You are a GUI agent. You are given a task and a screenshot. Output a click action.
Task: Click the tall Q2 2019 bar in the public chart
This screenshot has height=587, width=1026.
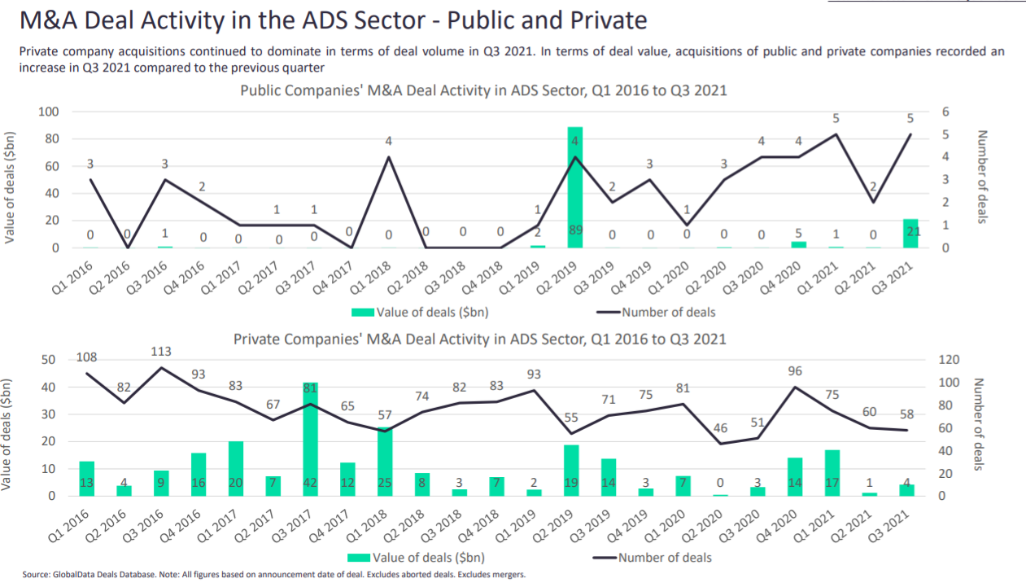tap(575, 187)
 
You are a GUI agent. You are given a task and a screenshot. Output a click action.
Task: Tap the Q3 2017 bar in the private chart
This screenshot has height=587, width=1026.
tap(311, 440)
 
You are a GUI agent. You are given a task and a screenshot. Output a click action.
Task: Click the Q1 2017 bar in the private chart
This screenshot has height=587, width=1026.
tap(236, 468)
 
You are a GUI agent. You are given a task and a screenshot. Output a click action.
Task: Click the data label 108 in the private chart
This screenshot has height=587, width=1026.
tap(88, 357)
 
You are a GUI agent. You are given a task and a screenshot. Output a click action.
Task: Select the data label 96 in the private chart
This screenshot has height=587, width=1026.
tap(795, 371)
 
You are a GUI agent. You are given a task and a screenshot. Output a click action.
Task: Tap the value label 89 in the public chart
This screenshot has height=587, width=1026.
tap(575, 231)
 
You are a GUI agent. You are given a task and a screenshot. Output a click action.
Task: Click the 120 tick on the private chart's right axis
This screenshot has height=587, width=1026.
tap(949, 360)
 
